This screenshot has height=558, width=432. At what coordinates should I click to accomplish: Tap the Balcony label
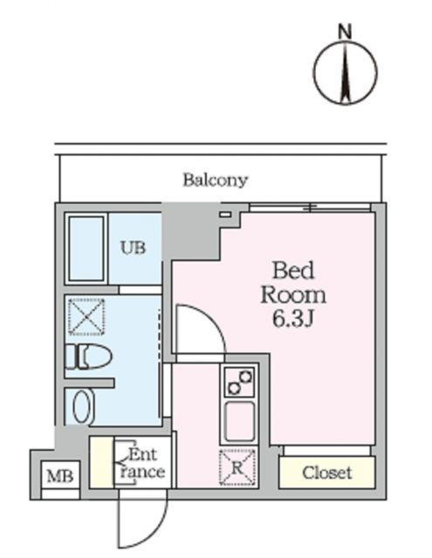click(215, 180)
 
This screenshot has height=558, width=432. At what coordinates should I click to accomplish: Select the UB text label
click(133, 248)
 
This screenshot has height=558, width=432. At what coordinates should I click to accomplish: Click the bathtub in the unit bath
click(86, 248)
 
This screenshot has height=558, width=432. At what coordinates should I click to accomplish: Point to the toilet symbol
click(89, 357)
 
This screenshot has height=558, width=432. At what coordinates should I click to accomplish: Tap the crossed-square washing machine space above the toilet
click(86, 317)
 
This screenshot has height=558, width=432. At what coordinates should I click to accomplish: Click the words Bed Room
click(293, 281)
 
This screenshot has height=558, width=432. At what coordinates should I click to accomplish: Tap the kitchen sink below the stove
click(238, 422)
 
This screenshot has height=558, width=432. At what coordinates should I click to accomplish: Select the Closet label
click(327, 473)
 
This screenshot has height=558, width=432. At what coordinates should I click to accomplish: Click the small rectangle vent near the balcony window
click(226, 214)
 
